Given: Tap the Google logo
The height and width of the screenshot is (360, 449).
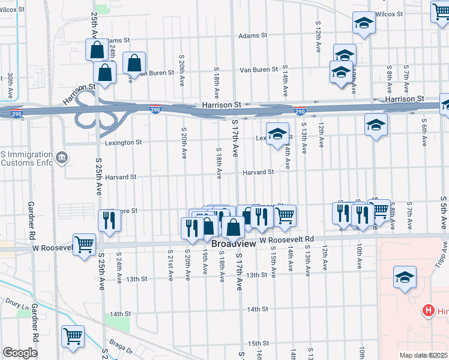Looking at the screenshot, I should click(x=20, y=353).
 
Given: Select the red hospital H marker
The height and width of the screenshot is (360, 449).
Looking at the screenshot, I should click(x=429, y=310).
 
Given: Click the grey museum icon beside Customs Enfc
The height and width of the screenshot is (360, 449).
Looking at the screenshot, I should click(x=61, y=158).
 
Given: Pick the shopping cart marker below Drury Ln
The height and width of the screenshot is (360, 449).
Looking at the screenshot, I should click(x=73, y=336).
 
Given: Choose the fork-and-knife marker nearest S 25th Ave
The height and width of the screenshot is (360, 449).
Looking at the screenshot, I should click(x=110, y=220).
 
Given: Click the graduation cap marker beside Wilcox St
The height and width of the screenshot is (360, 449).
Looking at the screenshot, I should click(x=363, y=23).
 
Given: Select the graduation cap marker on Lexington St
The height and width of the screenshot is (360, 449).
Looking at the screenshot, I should click(x=277, y=134).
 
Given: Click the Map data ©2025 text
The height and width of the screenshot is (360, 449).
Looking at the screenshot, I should click(x=423, y=355).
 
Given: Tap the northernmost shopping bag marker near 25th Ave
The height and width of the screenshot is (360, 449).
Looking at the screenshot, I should click(x=96, y=50).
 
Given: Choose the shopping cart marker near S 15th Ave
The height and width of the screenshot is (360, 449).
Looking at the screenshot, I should click(x=285, y=215).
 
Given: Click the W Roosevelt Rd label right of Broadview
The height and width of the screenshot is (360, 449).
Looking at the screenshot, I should click(x=287, y=239).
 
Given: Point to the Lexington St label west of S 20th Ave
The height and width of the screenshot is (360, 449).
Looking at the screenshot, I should click(x=123, y=143).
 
